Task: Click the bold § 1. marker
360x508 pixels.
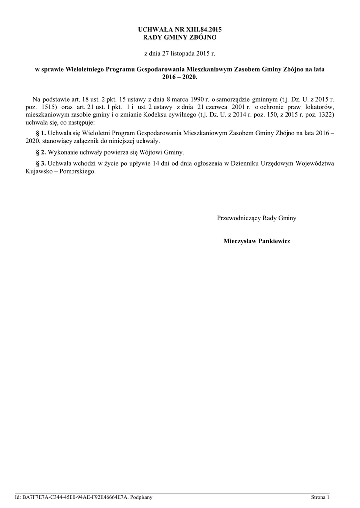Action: [x=41, y=133]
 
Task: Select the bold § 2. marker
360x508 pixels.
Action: [x=41, y=152]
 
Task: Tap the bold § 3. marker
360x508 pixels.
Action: [x=41, y=163]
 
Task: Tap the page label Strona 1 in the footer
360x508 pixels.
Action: [x=320, y=496]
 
